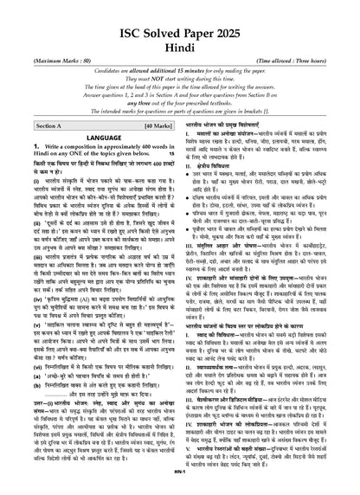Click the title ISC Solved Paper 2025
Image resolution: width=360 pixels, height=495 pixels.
coord(180,17)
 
